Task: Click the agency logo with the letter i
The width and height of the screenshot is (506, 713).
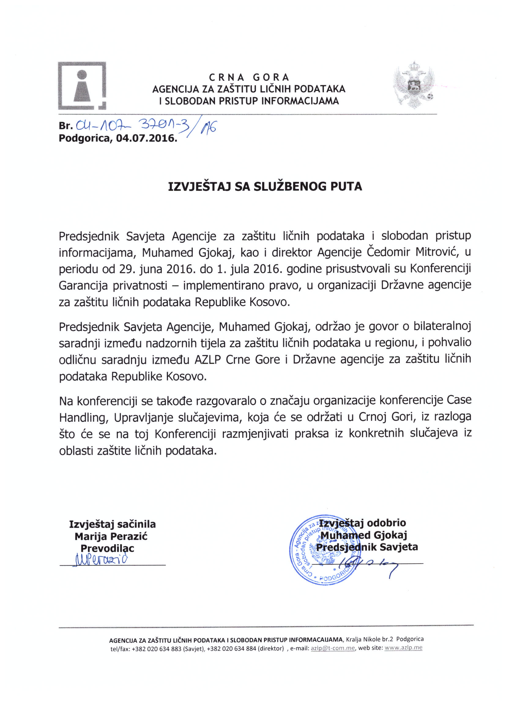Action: [x=82, y=86]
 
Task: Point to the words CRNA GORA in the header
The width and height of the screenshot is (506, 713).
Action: [x=249, y=77]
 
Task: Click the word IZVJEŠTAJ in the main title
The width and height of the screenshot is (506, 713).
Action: [x=199, y=187]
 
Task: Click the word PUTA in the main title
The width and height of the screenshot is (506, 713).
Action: [x=346, y=187]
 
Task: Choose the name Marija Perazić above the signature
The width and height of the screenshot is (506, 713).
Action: [x=111, y=537]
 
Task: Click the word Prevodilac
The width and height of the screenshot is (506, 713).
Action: [x=107, y=548]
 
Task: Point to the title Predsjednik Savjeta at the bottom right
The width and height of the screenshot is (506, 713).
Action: [x=367, y=547]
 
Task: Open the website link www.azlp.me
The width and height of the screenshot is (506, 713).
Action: [x=404, y=647]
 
